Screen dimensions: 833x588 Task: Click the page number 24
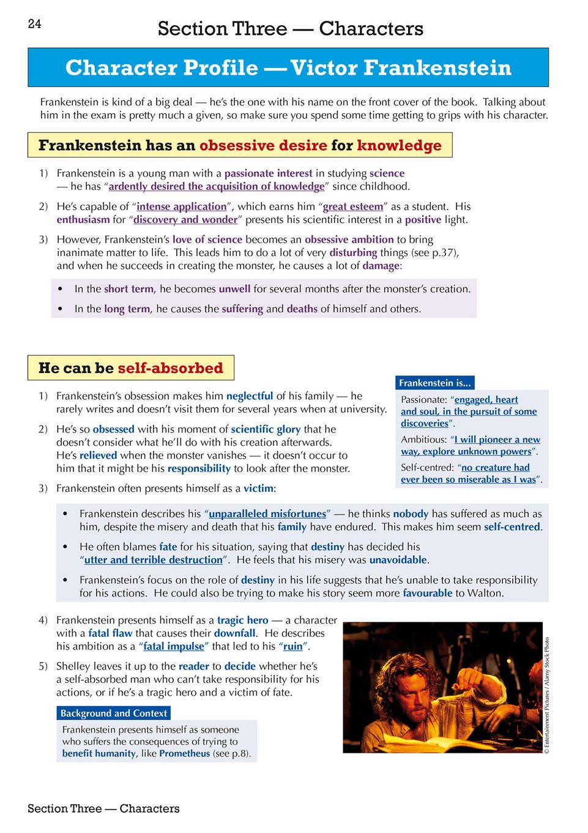(35, 24)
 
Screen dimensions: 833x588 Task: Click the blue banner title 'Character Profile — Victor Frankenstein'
(288, 67)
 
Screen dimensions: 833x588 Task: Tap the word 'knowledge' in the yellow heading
(399, 145)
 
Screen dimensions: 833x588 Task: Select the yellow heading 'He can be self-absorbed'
(131, 368)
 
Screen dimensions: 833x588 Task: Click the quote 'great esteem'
(352, 206)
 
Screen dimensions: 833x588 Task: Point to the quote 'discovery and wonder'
(185, 219)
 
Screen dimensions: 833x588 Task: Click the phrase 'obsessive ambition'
(349, 239)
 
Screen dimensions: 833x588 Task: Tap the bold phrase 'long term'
(127, 309)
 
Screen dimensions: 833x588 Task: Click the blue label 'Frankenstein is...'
(435, 383)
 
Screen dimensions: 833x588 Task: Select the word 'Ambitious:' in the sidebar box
(423, 439)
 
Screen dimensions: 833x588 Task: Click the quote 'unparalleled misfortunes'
(267, 513)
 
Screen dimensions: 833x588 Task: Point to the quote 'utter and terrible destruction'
(154, 559)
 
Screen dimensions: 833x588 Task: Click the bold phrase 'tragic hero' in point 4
(242, 620)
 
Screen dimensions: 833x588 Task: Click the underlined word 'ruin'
(293, 646)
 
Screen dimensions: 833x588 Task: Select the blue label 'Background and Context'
(113, 713)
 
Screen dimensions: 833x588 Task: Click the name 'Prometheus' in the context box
(184, 753)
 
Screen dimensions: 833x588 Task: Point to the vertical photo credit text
(547, 695)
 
